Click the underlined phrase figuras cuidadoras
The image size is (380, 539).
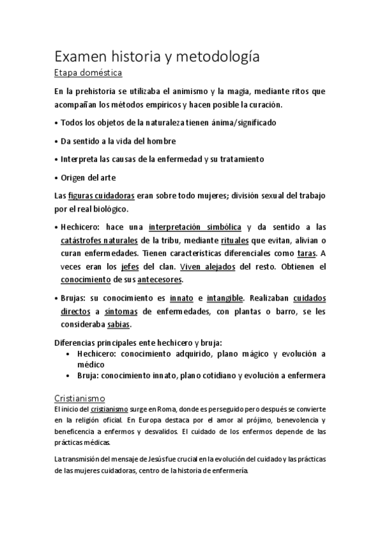pos(101,194)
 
